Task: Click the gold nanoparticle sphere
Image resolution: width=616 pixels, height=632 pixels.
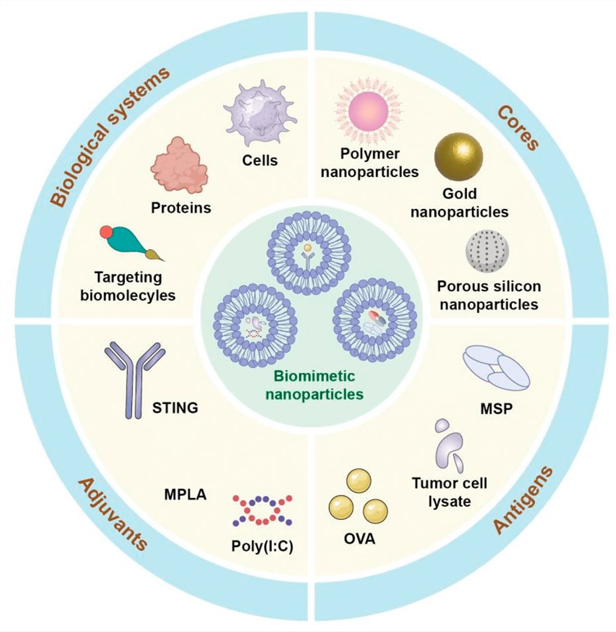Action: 459,158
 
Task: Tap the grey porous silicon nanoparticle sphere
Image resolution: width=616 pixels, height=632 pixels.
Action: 489,252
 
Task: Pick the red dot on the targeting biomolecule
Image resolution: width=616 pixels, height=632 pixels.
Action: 105,231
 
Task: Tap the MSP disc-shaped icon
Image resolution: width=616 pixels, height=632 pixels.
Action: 495,367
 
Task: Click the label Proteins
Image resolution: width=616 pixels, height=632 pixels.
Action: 180,208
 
